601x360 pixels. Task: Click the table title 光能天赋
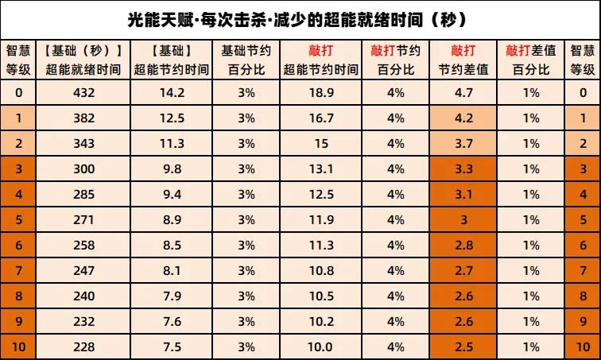tap(300, 17)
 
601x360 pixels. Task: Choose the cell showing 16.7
tap(321, 118)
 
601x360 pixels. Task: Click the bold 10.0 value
tap(321, 347)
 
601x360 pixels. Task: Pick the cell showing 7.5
tap(172, 347)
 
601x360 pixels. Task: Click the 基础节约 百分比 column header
tap(246, 60)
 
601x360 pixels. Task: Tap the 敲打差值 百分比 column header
tap(530, 60)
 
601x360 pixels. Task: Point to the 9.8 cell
tap(172, 168)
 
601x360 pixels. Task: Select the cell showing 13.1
tap(321, 168)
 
